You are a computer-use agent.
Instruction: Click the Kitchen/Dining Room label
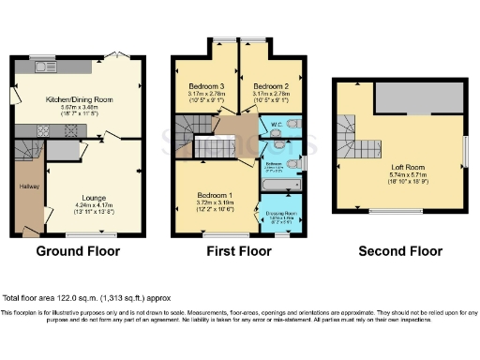point(80,98)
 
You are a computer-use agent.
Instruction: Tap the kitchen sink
point(44,66)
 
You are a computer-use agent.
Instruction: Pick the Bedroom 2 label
point(271,83)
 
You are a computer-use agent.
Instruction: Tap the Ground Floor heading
point(78,251)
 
